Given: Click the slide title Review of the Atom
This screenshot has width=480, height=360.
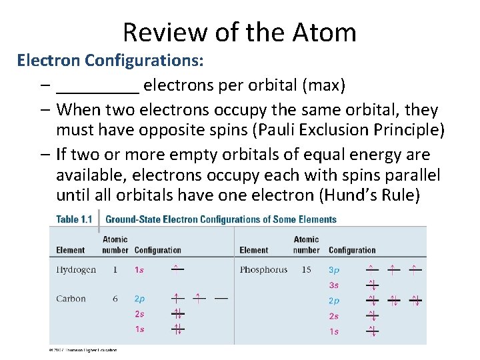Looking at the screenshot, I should tap(239, 32).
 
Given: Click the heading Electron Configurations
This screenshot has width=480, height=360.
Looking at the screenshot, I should tap(110, 61).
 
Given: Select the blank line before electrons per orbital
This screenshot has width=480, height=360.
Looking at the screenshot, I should tap(98, 87).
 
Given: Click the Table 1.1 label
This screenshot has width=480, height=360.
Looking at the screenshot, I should tap(73, 219).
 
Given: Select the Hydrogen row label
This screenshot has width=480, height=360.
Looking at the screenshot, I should tap(76, 270).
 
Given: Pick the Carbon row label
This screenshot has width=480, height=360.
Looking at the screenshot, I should tap(71, 299).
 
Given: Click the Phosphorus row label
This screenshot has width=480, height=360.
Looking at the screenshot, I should tap(263, 270).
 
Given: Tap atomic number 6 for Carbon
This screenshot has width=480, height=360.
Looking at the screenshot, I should tap(115, 299).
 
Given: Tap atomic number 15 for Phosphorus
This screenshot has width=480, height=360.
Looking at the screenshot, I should tap(306, 270).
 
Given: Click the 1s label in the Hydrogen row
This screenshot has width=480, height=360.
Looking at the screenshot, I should tap(139, 270).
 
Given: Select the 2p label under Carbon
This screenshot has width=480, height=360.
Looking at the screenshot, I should tap(140, 299).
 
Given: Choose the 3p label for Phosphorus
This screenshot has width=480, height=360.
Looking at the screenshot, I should tap(334, 270).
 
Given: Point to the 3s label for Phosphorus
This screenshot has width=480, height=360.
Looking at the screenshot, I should tap(334, 285).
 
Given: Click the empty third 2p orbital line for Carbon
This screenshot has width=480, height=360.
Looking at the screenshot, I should tap(221, 299).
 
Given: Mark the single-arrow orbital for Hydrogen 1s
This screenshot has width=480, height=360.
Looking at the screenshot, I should tap(177, 269).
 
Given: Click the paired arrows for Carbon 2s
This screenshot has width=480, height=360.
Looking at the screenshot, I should tap(177, 313).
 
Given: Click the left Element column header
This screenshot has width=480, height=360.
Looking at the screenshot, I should tap(71, 250).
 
